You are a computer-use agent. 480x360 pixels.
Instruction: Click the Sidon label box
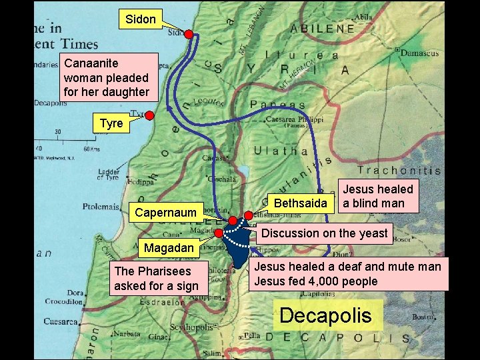coord(140,19)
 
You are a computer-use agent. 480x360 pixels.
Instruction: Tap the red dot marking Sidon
coord(189,33)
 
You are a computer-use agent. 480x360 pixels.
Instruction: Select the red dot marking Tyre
coord(150,115)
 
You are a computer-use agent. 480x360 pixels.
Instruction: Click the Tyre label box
coord(111,123)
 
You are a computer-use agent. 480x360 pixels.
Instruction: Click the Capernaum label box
coord(165,213)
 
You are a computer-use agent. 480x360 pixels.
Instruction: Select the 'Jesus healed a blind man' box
coord(378,196)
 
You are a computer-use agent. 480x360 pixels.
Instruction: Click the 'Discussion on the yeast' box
coord(324,233)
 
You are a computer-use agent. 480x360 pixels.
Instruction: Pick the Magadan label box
coord(169,248)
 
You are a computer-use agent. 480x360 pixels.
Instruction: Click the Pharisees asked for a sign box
coord(157,279)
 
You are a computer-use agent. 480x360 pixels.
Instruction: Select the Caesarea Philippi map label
coord(294,119)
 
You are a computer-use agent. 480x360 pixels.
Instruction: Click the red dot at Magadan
coord(219,233)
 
